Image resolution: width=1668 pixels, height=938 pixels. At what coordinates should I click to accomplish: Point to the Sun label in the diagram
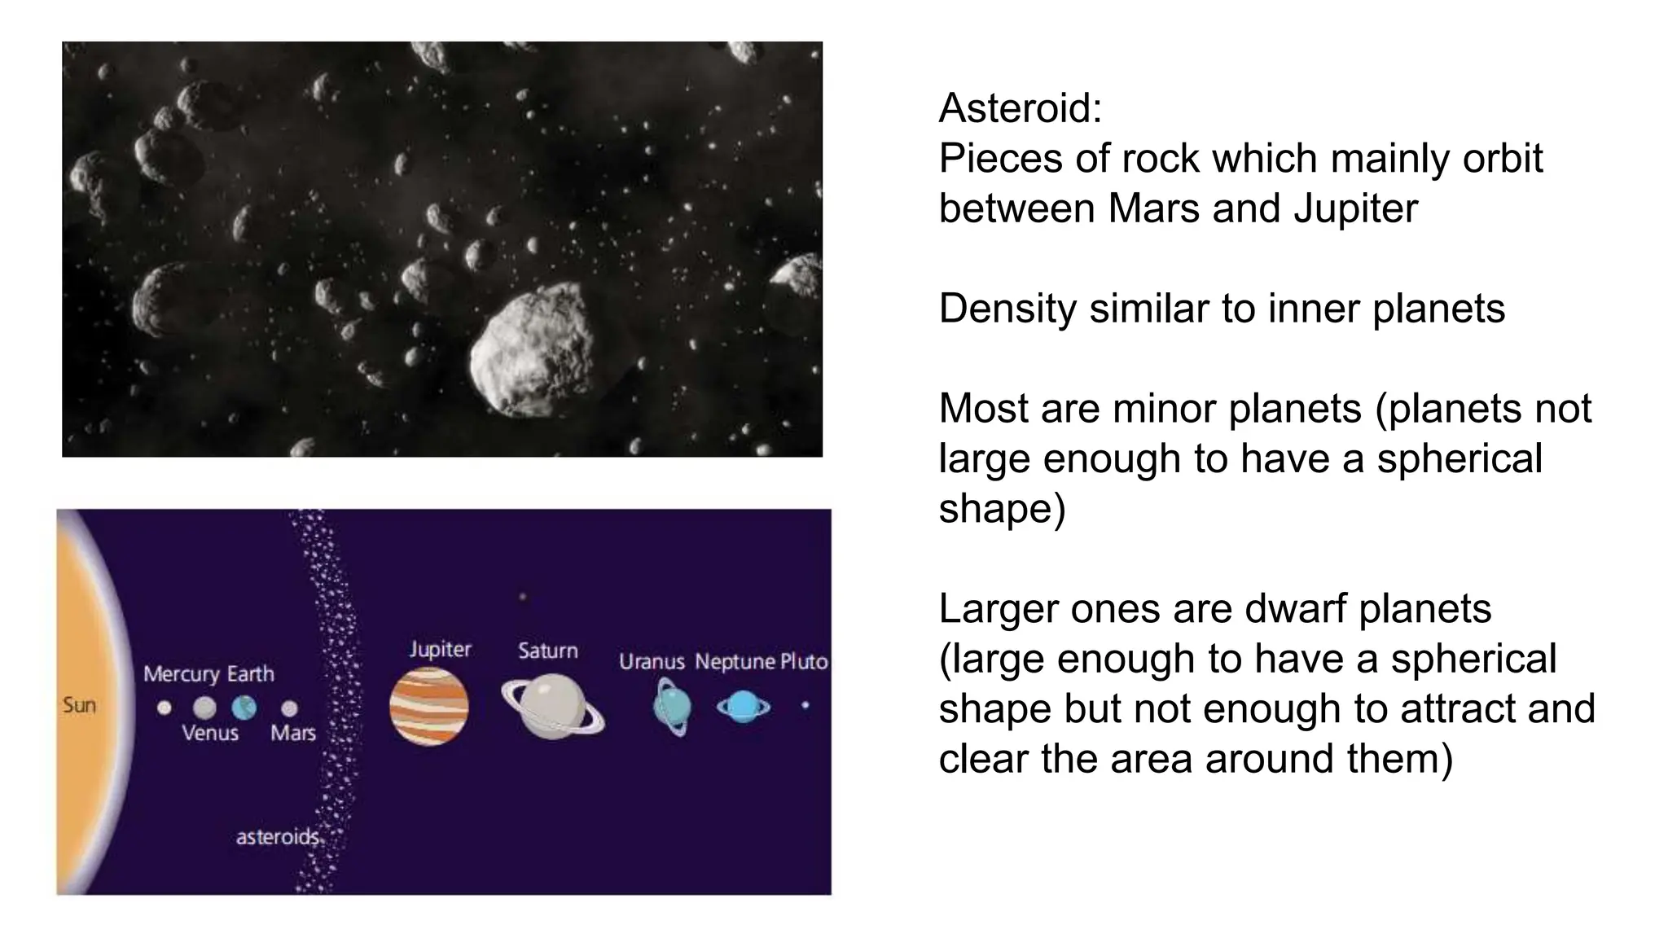80,705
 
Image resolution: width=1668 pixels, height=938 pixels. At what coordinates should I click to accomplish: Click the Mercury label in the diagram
182,674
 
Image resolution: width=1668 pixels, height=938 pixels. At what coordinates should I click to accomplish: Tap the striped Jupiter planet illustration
429,706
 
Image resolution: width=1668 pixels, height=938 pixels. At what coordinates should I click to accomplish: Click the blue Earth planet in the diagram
244,708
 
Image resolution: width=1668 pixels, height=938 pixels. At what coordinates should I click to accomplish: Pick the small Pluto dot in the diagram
805,705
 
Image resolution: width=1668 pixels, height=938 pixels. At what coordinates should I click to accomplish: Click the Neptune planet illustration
743,707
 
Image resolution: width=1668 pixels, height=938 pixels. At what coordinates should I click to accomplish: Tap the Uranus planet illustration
673,707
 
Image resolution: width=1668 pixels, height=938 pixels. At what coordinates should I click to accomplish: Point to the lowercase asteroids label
277,837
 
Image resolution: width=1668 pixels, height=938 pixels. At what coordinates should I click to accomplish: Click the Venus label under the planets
210,733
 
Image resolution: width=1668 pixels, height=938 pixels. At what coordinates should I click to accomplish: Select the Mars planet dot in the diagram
289,708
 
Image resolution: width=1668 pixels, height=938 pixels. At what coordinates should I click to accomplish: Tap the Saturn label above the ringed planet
548,651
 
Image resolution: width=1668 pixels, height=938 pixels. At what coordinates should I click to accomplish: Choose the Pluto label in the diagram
804,662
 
